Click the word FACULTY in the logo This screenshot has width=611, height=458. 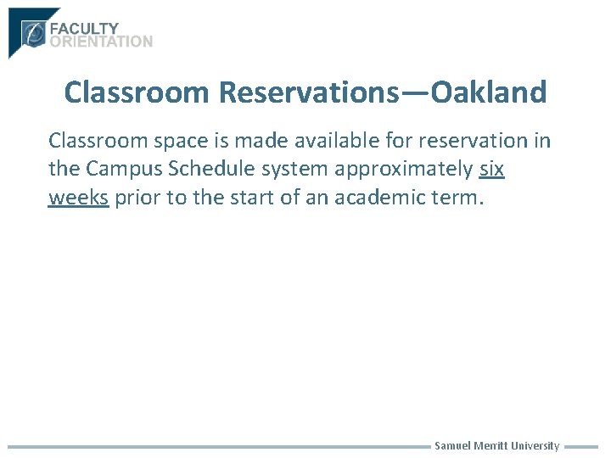click(84, 29)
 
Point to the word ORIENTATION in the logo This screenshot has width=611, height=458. click(101, 42)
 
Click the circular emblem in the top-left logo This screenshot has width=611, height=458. click(35, 34)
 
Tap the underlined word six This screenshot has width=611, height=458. click(492, 169)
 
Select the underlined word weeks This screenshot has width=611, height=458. click(78, 198)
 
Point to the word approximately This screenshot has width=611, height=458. click(404, 169)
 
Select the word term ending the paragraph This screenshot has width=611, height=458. click(459, 198)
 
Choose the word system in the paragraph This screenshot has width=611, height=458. click(293, 169)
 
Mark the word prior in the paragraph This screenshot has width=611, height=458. click(139, 198)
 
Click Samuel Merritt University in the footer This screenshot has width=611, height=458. click(496, 446)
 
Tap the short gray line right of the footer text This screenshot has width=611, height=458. click(581, 446)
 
